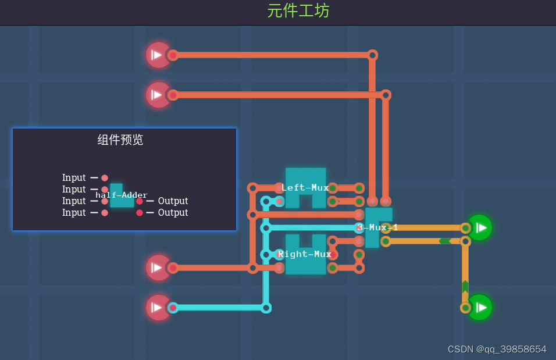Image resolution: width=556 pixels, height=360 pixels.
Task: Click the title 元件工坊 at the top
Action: tap(298, 11)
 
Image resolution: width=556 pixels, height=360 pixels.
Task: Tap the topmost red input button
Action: tap(157, 55)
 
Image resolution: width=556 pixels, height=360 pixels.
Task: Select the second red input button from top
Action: tap(157, 94)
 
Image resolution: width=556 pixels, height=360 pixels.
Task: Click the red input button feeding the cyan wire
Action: tap(157, 307)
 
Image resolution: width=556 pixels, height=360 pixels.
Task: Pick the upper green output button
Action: tap(480, 227)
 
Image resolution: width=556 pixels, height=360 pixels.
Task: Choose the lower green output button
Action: tap(480, 307)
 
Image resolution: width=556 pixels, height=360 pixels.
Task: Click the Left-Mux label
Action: tap(305, 187)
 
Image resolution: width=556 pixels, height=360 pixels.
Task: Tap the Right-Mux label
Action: tap(304, 254)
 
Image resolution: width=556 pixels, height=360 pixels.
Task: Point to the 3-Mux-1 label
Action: tap(377, 227)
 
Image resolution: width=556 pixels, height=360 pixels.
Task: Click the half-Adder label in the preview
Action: tap(122, 195)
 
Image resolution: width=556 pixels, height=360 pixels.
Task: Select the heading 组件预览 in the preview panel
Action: tap(120, 140)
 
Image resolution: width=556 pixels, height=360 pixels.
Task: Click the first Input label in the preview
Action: tap(74, 178)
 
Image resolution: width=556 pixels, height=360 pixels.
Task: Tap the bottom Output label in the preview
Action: tap(173, 213)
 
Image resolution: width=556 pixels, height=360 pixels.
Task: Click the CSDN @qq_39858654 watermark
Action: tap(497, 349)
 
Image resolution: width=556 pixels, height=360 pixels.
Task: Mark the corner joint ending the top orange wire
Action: tap(372, 55)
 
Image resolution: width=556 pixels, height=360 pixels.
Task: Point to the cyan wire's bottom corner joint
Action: tap(266, 308)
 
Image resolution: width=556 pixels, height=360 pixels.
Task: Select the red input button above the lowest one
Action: tap(157, 268)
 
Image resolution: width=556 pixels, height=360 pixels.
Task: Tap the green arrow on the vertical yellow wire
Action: tap(465, 287)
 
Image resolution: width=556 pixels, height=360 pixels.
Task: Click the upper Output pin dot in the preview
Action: tap(140, 201)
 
